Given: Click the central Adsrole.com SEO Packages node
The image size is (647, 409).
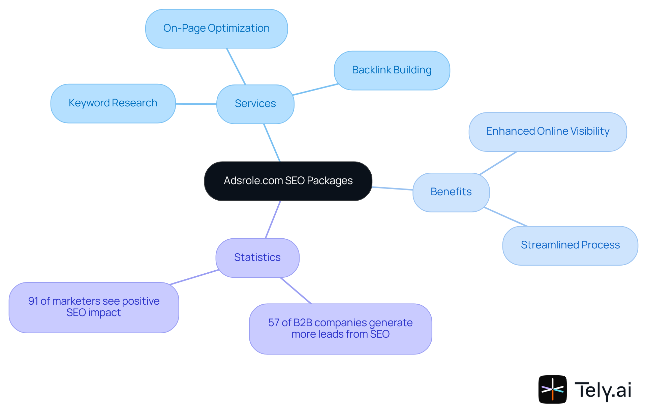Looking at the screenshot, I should coord(288,181).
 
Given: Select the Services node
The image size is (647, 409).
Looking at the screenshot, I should coord(255,104).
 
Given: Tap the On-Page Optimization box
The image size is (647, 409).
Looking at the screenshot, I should coord(216,28).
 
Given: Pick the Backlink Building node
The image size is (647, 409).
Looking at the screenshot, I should coord(392,70).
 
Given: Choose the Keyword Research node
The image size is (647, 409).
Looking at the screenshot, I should coord(113,103).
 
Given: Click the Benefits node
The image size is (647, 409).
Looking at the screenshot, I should coord(451,192).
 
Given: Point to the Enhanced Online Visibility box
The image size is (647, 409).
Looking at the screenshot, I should coord(548,131).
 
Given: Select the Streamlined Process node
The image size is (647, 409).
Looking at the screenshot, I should coord(570,245).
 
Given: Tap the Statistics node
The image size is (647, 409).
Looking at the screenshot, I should coord(257,258).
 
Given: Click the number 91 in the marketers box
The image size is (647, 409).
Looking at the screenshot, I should coord(33,301).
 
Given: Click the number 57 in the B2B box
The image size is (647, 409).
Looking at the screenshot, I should coord(274,322).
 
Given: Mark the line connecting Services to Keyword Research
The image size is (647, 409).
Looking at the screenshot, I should coord(196,104).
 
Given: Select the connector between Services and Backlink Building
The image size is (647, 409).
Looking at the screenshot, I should coord(315,90).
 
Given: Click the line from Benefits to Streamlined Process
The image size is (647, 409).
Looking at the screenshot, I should coord(505,217).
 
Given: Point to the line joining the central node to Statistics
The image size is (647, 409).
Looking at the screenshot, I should coord(273,219).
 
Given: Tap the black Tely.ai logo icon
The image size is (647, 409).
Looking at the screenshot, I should coord(552,389).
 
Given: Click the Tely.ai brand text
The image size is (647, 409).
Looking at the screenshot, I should coord(603,390).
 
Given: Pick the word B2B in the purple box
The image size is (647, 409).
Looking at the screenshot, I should coord(303,322).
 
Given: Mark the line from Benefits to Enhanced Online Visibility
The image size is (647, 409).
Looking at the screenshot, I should coord(498,163).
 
